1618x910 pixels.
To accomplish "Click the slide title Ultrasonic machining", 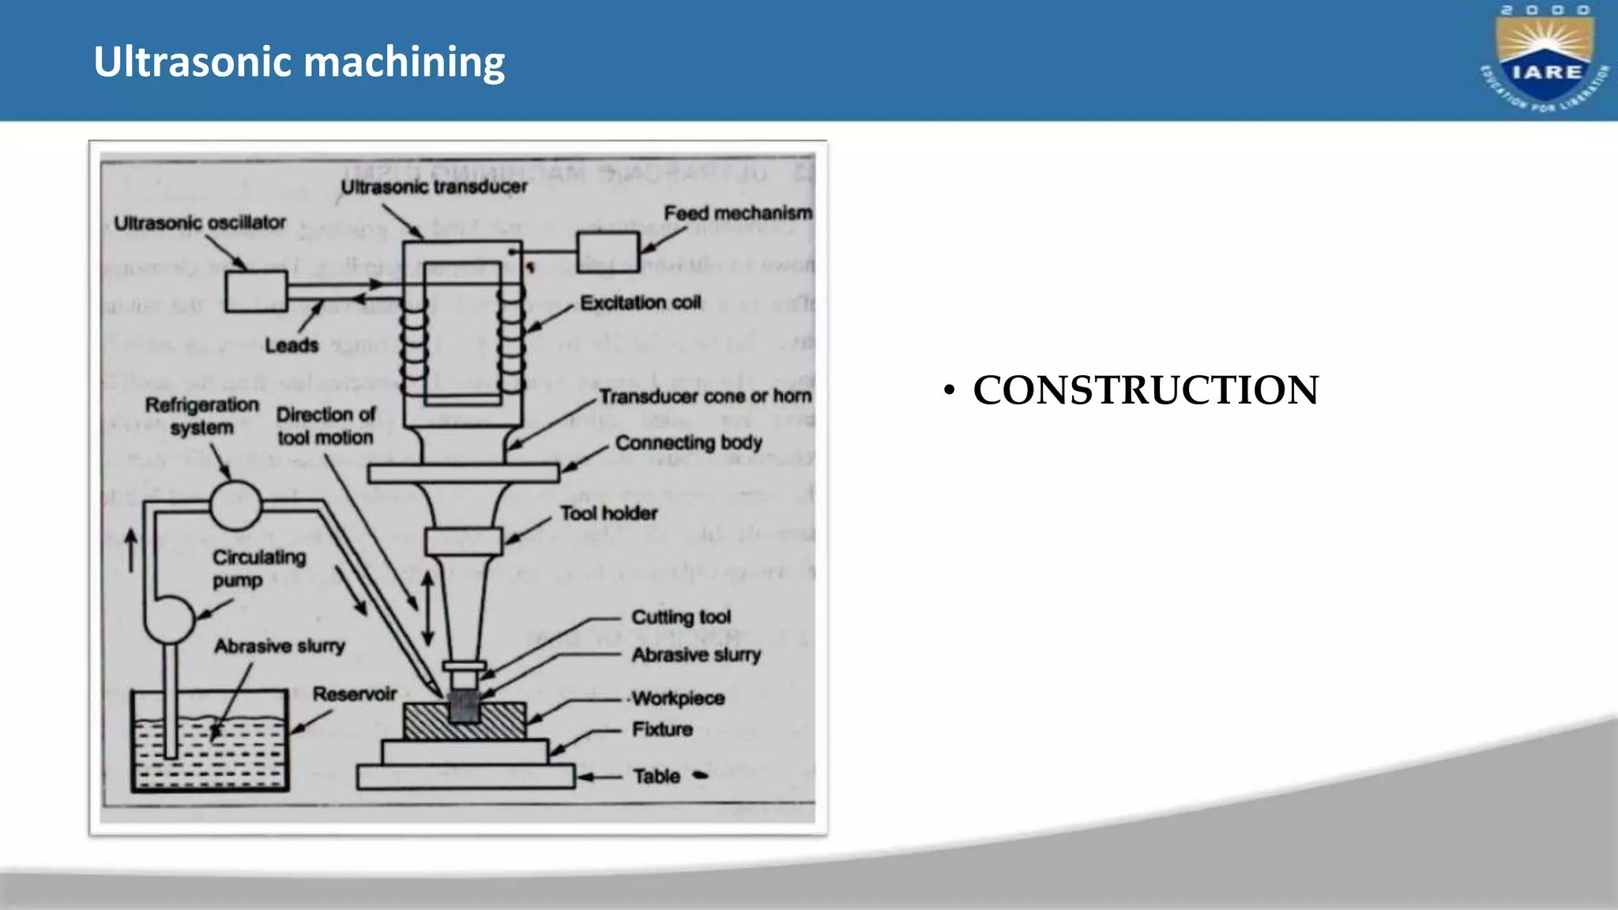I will pyautogui.click(x=299, y=62).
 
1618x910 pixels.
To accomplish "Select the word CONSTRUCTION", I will pyautogui.click(x=1145, y=390).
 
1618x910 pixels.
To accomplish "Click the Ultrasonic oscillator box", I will pyautogui.click(x=256, y=291).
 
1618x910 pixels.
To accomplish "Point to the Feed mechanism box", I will pyautogui.click(x=607, y=252).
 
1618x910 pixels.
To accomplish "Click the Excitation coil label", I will pyautogui.click(x=640, y=303).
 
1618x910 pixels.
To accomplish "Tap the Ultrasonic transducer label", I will pyautogui.click(x=434, y=187).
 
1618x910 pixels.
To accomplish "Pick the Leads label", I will pyautogui.click(x=292, y=345).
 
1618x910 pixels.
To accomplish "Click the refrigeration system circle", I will pyautogui.click(x=235, y=505).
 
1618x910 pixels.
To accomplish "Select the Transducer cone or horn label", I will pyautogui.click(x=705, y=396).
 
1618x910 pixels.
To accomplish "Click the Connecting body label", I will pyautogui.click(x=688, y=442).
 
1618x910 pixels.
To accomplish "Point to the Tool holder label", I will pyautogui.click(x=608, y=513).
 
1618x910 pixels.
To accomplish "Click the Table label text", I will pyautogui.click(x=656, y=777).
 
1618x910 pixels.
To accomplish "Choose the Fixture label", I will pyautogui.click(x=662, y=729).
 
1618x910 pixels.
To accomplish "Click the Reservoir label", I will pyautogui.click(x=354, y=694).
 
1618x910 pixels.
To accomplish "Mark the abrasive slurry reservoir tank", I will pyautogui.click(x=209, y=743).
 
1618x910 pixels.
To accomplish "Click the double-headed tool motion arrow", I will pyautogui.click(x=427, y=608).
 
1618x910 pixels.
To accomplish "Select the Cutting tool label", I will pyautogui.click(x=681, y=617).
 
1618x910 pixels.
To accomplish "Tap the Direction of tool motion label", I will pyautogui.click(x=325, y=426).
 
